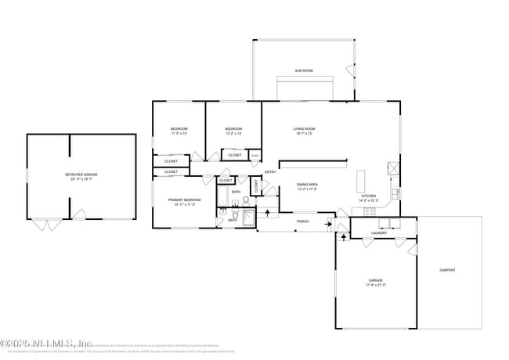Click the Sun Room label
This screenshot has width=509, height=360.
click(304, 71)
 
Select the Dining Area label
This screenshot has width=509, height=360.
click(307, 185)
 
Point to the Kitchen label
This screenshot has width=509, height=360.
click(368, 196)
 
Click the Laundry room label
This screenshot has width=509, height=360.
click(379, 232)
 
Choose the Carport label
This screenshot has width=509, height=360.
click(447, 270)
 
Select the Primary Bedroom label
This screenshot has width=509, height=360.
click(185, 200)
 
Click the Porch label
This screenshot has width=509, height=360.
click(302, 221)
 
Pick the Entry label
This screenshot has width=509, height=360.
click(270, 172)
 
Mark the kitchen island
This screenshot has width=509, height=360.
click(362, 182)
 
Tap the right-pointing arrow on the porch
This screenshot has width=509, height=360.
click(328, 224)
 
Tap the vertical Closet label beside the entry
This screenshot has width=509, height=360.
click(255, 186)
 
